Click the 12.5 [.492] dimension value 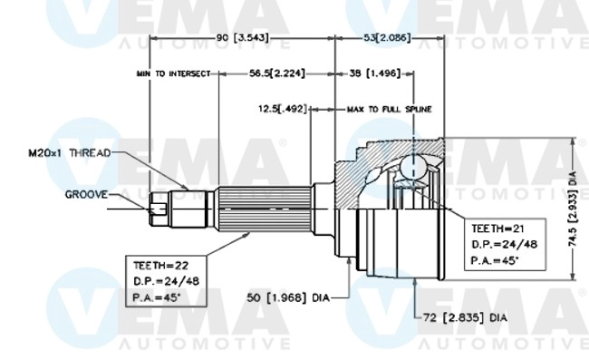(x=280, y=108)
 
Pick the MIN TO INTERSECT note (x=173, y=73)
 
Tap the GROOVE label (x=86, y=194)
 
